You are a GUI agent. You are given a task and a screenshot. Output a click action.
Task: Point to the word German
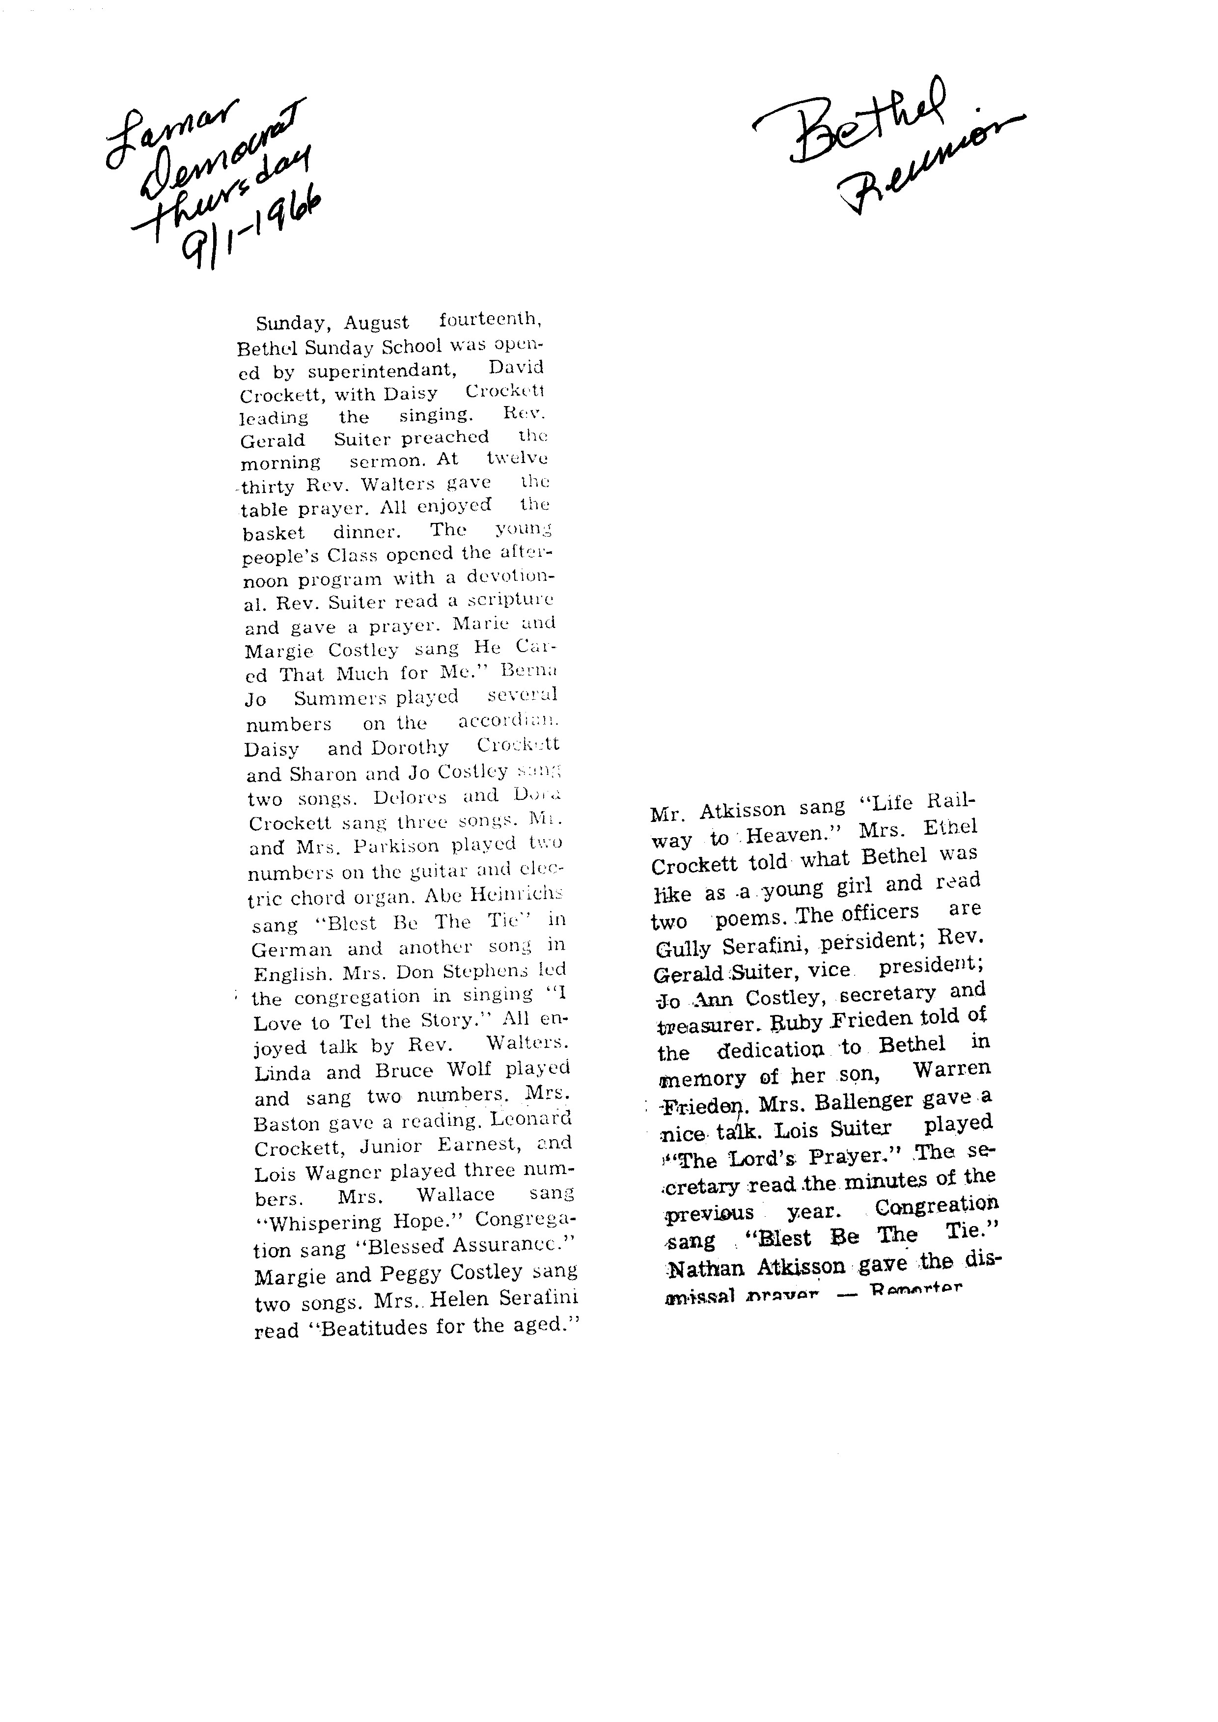[291, 950]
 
